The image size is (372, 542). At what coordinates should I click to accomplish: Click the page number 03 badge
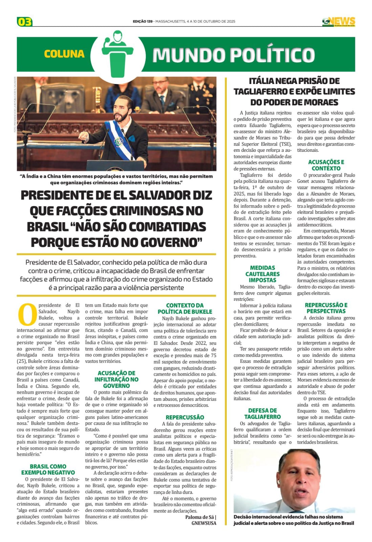coord(24,22)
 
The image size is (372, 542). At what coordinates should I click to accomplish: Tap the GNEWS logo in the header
coord(338,22)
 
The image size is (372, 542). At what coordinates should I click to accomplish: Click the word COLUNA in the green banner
coord(64,54)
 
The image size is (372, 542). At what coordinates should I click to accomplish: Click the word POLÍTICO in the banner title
coord(268,55)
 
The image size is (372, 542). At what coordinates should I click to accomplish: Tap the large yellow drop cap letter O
coord(27,314)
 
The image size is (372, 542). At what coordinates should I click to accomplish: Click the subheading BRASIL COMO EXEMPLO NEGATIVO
coord(48,470)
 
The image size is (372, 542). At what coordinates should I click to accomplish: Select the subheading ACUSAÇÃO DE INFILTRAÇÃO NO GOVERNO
coord(116,379)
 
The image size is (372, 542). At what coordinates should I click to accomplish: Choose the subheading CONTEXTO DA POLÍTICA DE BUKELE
coord(185,309)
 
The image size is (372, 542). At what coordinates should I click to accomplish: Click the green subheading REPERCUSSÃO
coord(185,417)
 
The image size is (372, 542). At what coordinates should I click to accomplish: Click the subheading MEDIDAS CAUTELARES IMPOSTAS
coord(262,274)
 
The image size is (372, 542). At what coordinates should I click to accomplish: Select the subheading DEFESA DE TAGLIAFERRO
coord(262,414)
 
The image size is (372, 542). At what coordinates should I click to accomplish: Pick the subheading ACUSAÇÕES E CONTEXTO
coord(326,165)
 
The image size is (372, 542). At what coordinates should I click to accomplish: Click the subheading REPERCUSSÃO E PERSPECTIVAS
coord(326,308)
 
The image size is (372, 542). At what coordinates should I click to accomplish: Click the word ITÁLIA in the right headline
coord(262,81)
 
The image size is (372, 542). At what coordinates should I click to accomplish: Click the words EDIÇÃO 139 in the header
coord(143,21)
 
